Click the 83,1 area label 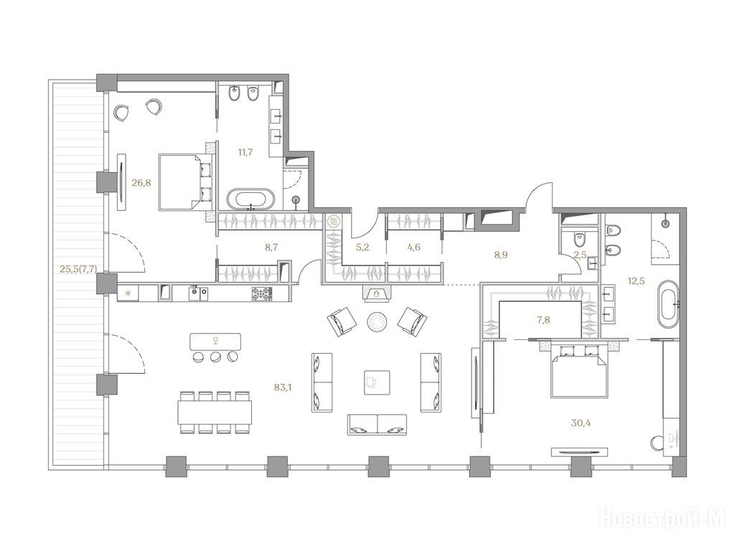coord(283,387)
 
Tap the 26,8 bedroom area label coord(141,183)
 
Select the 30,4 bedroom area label coord(580,423)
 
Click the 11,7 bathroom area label coord(245,152)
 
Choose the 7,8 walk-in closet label coord(544,321)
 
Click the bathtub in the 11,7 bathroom coord(251,199)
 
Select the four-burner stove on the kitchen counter coord(262,293)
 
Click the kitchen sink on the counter coord(199,293)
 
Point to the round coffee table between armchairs coord(377,322)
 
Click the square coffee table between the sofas coord(377,382)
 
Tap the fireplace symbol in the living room coord(376,293)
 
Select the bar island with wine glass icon coord(215,341)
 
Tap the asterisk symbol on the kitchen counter coord(128,294)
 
